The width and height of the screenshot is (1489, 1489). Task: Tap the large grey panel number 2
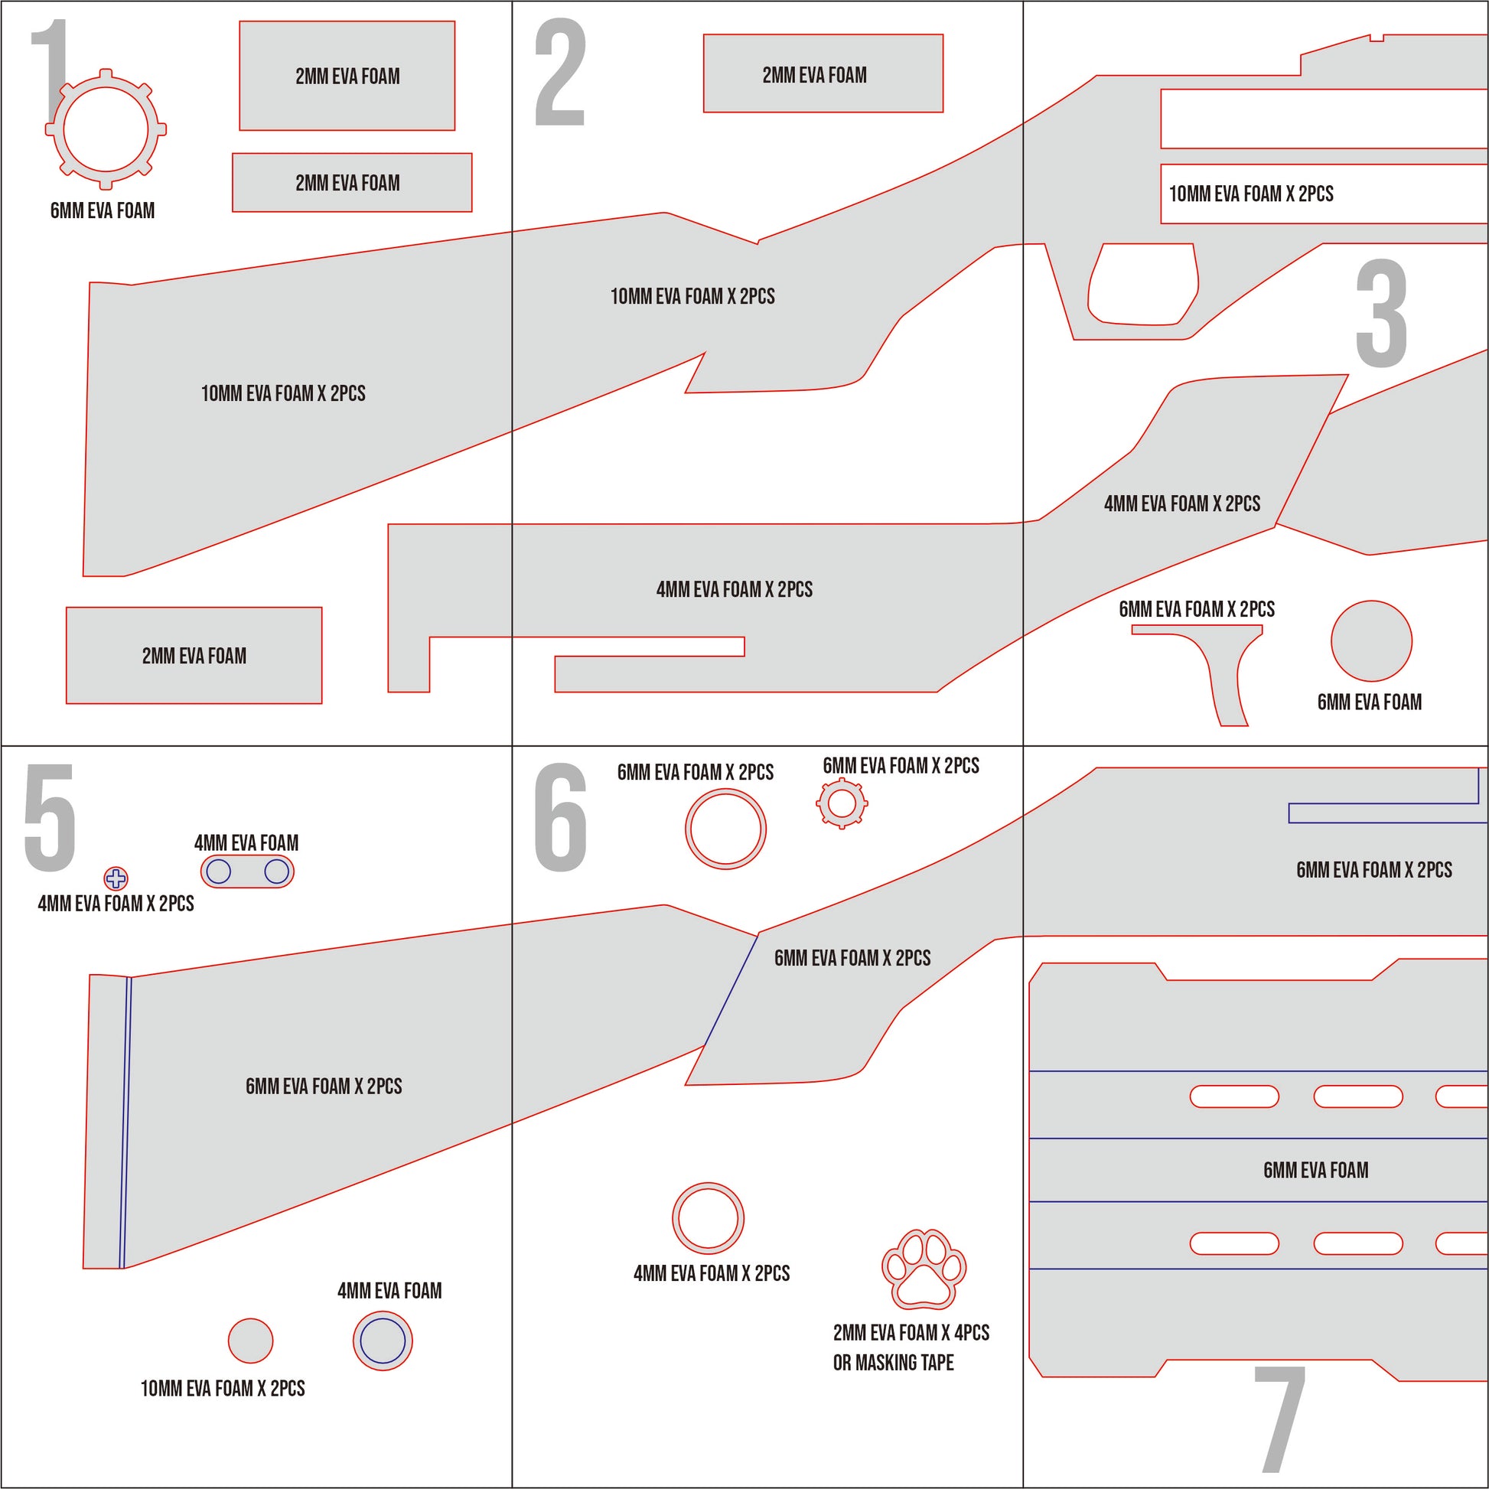(560, 73)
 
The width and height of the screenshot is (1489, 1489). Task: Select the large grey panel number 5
(50, 818)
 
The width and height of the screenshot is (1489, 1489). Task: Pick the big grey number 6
(560, 818)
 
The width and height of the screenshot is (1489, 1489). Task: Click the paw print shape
(924, 1269)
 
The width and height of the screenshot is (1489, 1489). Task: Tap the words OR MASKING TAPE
(892, 1363)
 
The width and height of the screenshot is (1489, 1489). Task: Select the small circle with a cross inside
(116, 878)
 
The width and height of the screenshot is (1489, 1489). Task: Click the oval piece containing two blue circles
(247, 872)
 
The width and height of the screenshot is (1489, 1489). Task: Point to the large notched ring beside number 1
(106, 129)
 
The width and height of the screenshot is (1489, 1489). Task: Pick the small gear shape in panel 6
(842, 803)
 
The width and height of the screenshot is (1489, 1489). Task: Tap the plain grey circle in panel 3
(1371, 640)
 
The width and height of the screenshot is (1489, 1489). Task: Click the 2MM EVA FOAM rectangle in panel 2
(823, 74)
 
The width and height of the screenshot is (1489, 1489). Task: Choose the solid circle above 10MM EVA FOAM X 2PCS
(250, 1341)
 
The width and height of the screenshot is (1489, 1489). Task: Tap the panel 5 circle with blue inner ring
(383, 1341)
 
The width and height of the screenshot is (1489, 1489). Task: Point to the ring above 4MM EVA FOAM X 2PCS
(708, 1218)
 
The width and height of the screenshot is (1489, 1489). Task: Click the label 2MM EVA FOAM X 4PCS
(911, 1333)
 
